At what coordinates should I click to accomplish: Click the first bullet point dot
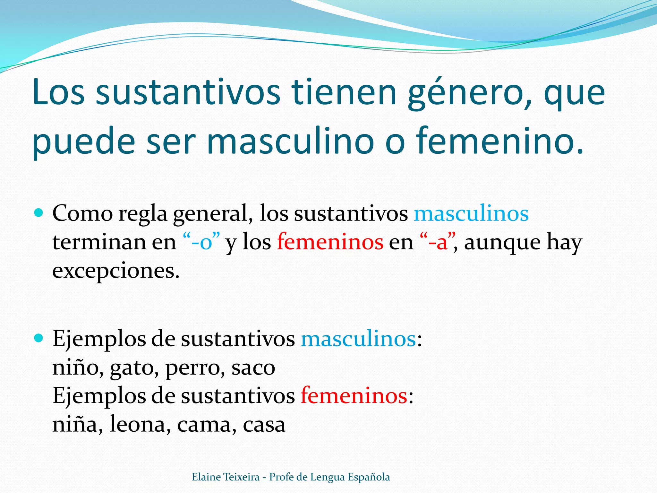point(38,212)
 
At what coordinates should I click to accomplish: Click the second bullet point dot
point(38,338)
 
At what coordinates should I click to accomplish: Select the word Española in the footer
point(369,477)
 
